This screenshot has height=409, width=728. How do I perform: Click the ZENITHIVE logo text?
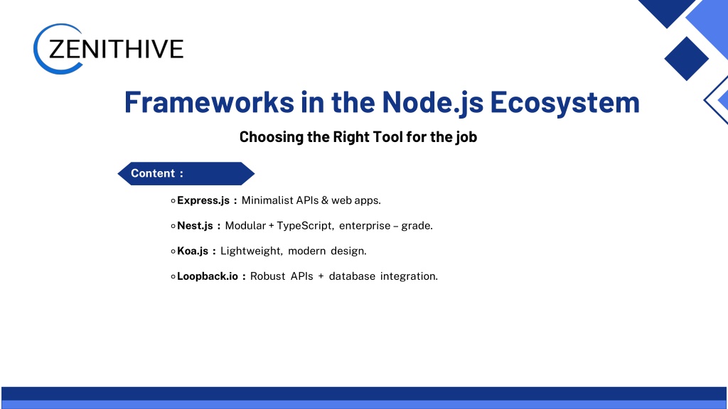pos(116,49)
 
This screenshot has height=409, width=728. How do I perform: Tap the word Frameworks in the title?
pos(209,102)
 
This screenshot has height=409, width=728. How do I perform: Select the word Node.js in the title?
pos(433,103)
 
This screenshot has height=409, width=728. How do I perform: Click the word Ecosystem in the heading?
pos(564,103)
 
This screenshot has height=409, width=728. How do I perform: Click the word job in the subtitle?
pos(466,137)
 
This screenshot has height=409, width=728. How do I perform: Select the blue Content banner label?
pos(186,173)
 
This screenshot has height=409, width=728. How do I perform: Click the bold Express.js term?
pos(203,201)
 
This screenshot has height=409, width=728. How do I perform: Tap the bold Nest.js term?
pos(195,226)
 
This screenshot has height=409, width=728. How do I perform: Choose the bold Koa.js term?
pos(193,251)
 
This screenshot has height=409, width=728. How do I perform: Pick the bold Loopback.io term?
pos(208,276)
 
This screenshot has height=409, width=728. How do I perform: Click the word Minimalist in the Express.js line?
pos(267,200)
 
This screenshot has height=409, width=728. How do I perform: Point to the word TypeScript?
pos(304,226)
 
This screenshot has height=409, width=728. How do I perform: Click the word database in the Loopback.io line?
pos(352,276)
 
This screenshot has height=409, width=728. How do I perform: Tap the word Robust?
pos(268,276)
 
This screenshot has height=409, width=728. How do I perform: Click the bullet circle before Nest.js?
pos(173,227)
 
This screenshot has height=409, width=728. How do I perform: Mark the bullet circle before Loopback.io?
pos(173,277)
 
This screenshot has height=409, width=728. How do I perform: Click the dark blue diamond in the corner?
pos(686,58)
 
